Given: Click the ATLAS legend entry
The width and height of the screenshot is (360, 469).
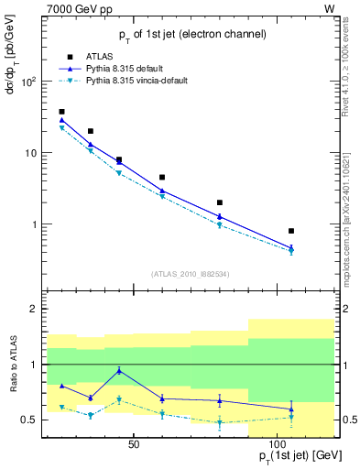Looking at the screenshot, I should pos(104,55).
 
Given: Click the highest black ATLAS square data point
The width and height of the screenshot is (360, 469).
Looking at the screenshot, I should pos(61,112).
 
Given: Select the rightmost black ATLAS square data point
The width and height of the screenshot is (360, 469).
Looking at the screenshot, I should pos(291,231).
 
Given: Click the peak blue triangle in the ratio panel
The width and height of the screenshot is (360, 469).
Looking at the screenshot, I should pos(119,370).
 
